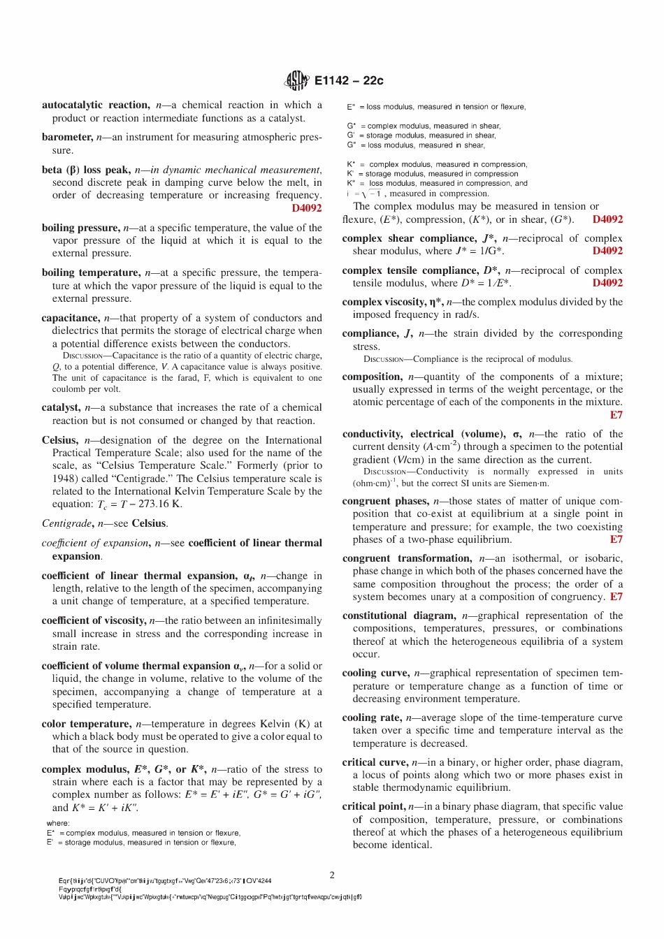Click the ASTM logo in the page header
[x=296, y=80]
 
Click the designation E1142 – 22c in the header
[x=349, y=80]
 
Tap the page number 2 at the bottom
[x=332, y=875]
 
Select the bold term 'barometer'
[x=66, y=137]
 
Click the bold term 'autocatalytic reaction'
[x=95, y=105]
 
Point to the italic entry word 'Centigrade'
[x=66, y=523]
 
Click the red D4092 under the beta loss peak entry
[x=307, y=208]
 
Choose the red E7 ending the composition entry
[x=616, y=415]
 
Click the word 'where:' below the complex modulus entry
[x=58, y=823]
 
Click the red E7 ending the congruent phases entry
[x=616, y=539]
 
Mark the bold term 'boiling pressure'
[x=80, y=228]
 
